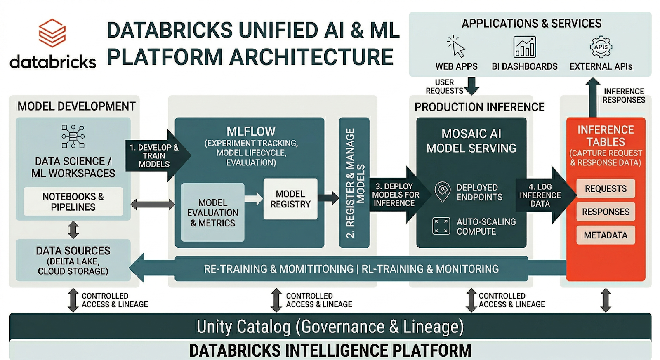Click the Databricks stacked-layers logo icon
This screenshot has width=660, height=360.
(x=52, y=33)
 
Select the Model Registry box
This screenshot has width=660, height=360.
(x=290, y=199)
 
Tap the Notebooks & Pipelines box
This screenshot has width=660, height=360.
(x=73, y=202)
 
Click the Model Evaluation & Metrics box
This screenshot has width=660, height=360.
(x=213, y=212)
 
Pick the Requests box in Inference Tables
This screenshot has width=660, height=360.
(x=606, y=188)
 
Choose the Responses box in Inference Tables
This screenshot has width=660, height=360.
(x=606, y=212)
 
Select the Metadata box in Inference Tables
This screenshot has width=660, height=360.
(x=606, y=235)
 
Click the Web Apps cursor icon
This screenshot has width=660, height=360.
(x=456, y=47)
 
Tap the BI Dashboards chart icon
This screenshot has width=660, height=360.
(x=524, y=47)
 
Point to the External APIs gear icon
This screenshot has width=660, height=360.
(x=601, y=47)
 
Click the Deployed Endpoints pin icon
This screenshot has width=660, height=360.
(x=443, y=192)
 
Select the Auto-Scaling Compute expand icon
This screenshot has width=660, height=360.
(x=441, y=226)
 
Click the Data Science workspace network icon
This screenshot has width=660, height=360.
(x=73, y=136)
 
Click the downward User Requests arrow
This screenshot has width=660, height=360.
(x=471, y=85)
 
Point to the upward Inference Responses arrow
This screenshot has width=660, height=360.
(x=593, y=97)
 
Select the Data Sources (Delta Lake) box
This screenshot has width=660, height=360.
(x=73, y=260)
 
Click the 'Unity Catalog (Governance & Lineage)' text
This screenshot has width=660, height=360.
(x=330, y=327)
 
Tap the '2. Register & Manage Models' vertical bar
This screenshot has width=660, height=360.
(x=354, y=183)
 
